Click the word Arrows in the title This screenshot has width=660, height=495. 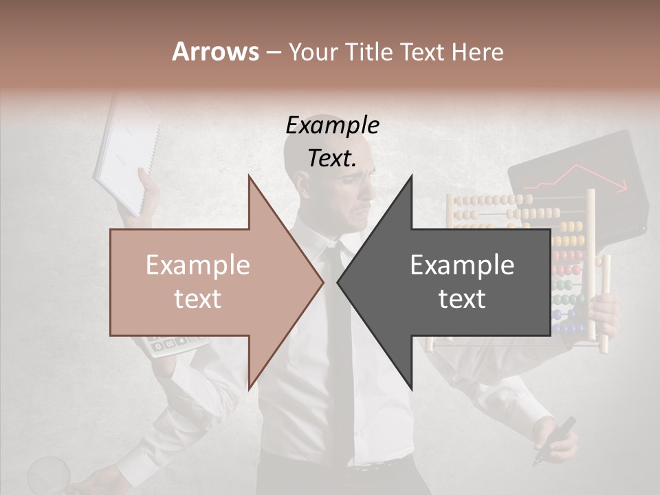pos(215,52)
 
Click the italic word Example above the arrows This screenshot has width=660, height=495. pos(332,125)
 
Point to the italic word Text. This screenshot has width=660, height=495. pos(332,158)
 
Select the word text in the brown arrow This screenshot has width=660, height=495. pos(197,299)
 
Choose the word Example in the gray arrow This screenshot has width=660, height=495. pos(462,265)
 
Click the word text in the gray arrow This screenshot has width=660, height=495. pos(462,299)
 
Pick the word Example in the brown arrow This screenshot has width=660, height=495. pos(197,265)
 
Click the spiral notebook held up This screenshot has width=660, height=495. pos(127,155)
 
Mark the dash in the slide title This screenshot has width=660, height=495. pos(273,52)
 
